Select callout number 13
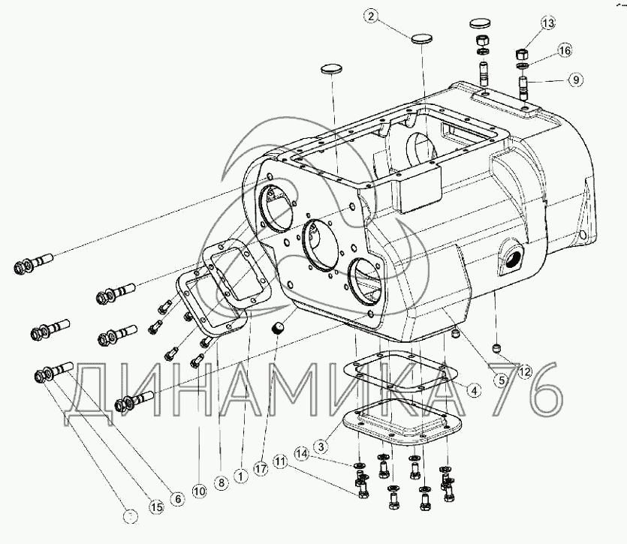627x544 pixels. tap(548, 24)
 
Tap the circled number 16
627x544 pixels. tap(565, 51)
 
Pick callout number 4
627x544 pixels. tap(473, 389)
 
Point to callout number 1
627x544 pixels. tap(240, 474)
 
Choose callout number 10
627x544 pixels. tap(198, 491)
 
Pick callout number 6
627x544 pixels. tap(177, 497)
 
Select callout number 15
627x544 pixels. tap(155, 508)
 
